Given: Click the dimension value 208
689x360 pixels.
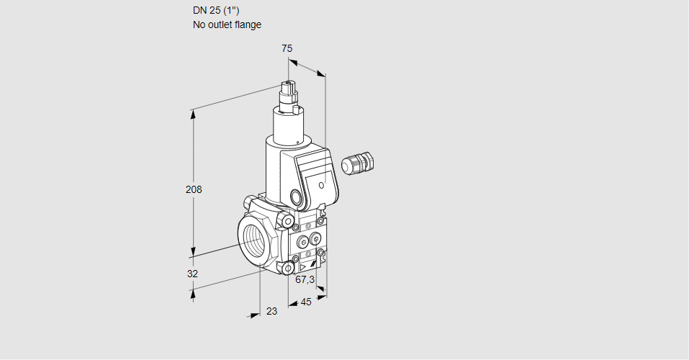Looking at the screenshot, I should pos(194,189).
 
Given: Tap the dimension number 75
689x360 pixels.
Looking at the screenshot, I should pos(287,48).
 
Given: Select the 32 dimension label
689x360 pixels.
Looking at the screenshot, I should pos(192,274).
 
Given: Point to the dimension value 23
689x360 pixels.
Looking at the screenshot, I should pos(271,311).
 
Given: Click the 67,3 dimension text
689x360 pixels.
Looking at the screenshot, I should pos(305,279).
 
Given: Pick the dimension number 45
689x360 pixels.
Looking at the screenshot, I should pos(306,302).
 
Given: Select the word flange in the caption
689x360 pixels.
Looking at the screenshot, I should pos(248,24).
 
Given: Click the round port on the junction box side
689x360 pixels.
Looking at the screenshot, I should pos(296,197).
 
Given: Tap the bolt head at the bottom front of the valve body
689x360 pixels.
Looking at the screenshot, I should pos(289,269).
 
